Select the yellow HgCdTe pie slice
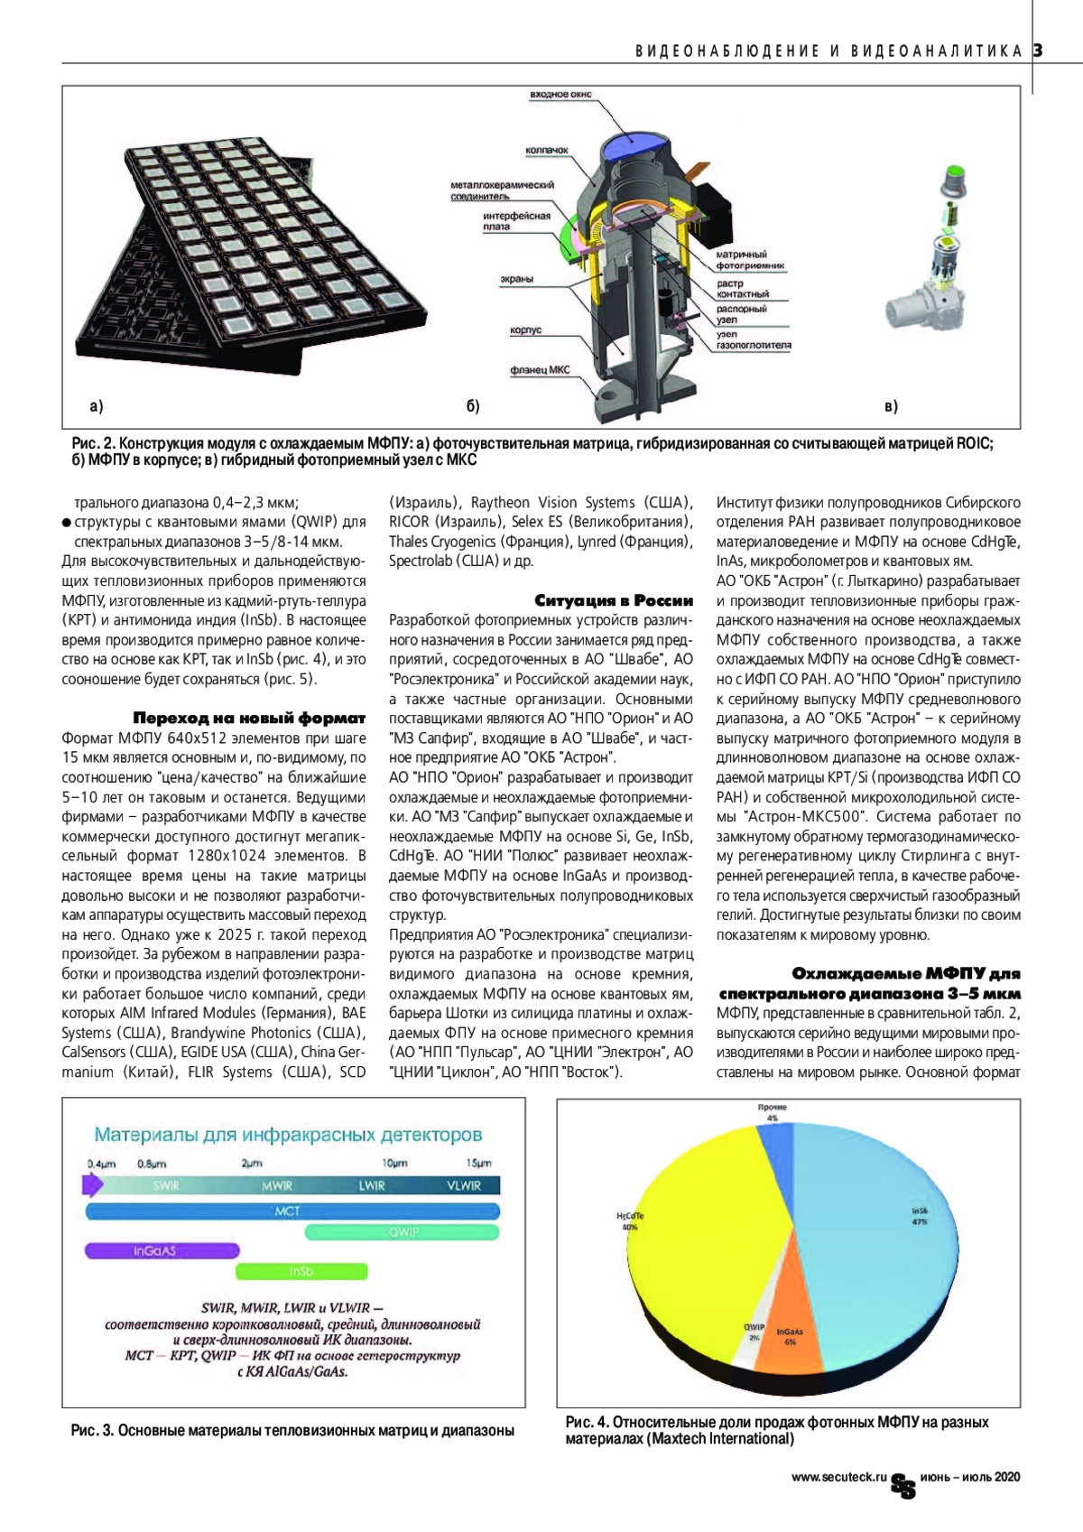[686, 1246]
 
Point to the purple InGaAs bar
[162, 1251]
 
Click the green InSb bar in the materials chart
[301, 1271]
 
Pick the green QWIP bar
[403, 1231]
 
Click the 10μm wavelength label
[394, 1164]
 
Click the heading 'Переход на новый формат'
[249, 719]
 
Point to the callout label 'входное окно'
[561, 95]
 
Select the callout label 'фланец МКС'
[540, 370]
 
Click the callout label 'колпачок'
[547, 150]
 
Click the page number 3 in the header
[1038, 51]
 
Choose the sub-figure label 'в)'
[891, 407]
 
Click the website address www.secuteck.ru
[839, 1477]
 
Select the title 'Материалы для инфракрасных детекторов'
[289, 1135]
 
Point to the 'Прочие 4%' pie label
[773, 1112]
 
